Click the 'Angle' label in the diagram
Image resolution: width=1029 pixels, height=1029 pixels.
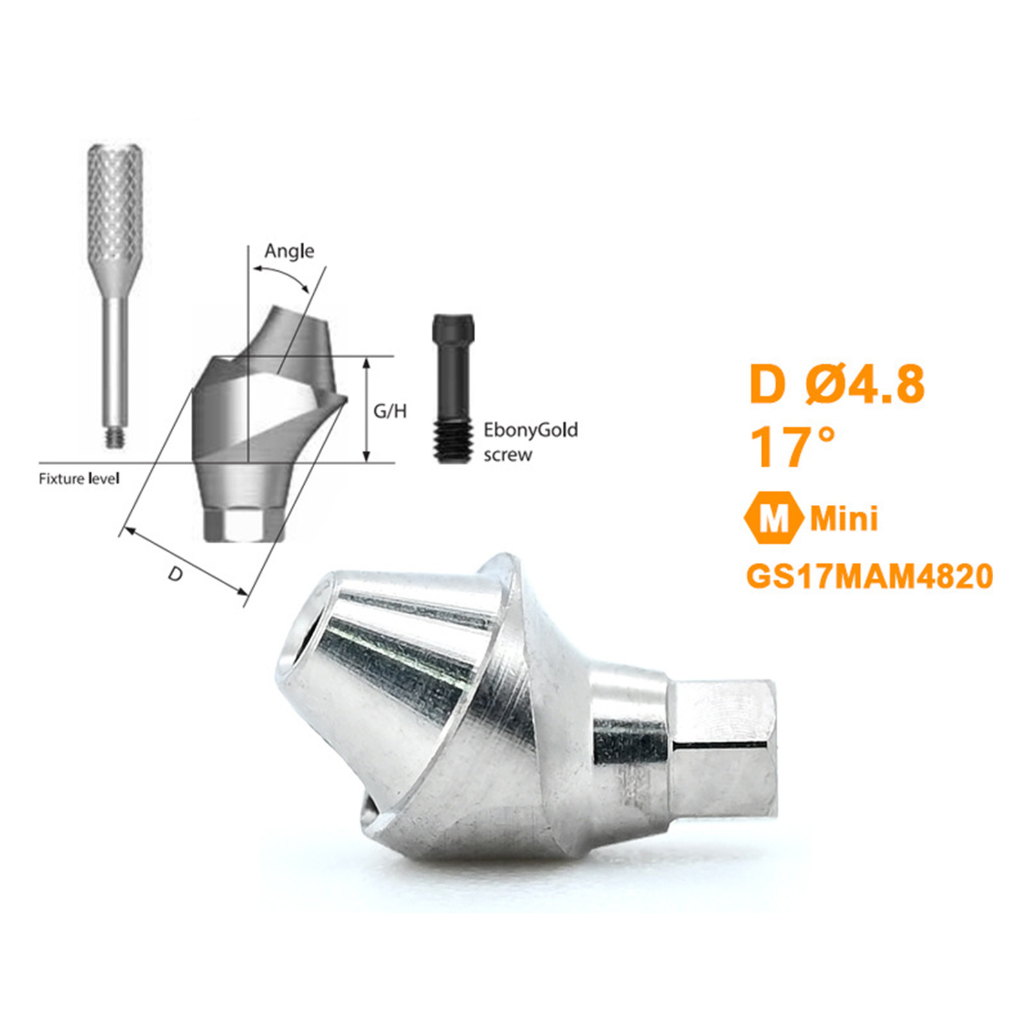pos(289,251)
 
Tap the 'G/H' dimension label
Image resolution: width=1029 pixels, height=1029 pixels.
pos(390,411)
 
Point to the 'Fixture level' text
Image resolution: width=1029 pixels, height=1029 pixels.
pos(79,478)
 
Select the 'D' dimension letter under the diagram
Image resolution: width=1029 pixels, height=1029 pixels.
pos(176,574)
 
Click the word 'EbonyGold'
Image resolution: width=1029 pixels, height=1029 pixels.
pos(531,430)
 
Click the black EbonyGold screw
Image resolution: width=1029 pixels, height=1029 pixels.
pos(453,388)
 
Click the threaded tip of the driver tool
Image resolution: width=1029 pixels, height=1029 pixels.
pos(115,438)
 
